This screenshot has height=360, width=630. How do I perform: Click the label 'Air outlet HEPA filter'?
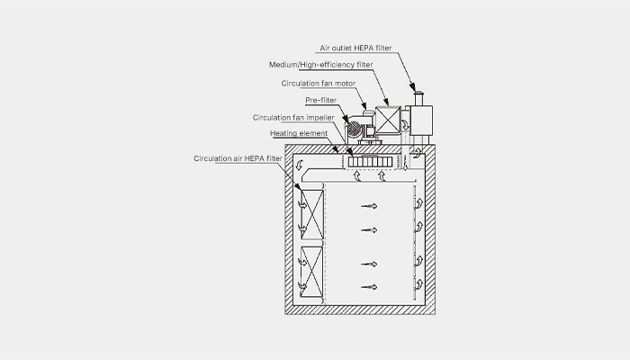355,48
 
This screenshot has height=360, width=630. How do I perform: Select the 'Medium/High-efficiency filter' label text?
321,65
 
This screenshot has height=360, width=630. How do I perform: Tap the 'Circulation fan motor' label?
319,83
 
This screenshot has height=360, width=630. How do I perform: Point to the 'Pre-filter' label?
321,100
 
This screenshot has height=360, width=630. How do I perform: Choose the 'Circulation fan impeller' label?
293,117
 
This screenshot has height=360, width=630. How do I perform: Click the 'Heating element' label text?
299,133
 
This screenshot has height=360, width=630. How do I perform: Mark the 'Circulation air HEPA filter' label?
238,158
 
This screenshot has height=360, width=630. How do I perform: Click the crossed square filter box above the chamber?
388,120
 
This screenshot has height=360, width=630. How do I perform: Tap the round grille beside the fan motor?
355,129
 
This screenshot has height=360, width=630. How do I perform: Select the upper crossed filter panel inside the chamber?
312,215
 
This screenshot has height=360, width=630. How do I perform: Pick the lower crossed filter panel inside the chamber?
311,272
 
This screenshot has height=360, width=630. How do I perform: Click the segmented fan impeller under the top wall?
370,162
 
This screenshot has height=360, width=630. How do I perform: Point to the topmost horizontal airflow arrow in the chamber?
369,206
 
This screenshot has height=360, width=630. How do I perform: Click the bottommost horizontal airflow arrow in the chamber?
369,287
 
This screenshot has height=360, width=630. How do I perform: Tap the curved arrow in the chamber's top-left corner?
299,165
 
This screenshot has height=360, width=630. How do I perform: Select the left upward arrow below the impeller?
356,176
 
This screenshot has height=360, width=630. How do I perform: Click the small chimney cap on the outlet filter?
418,94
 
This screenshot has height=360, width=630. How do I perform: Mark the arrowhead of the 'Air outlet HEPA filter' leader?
413,87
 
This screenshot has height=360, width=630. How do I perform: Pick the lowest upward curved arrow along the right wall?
419,284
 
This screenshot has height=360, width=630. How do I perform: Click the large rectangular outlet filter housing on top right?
421,120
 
